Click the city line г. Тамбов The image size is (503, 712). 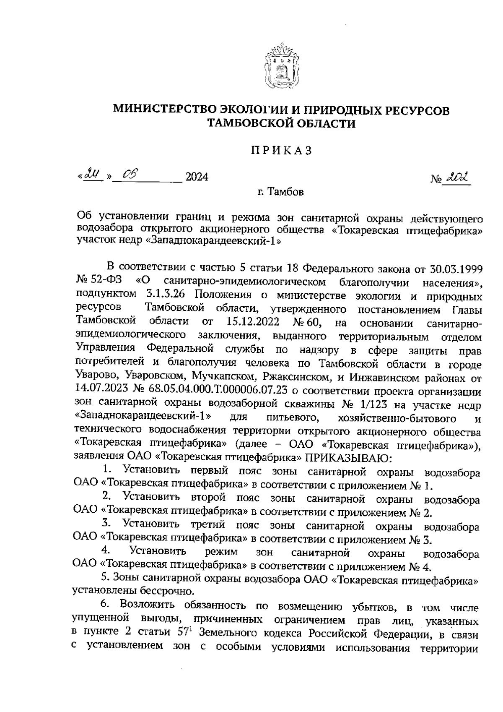point(280,193)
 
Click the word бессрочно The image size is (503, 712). point(162,592)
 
